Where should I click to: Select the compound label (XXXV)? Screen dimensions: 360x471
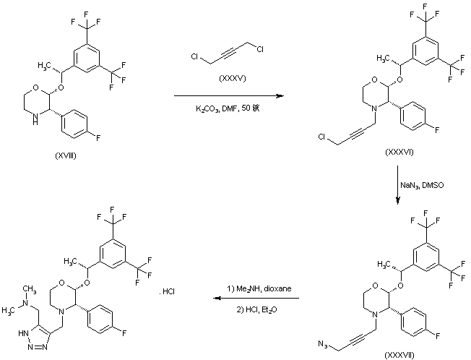point(228,76)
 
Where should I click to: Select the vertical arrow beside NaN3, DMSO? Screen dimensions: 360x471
point(399,187)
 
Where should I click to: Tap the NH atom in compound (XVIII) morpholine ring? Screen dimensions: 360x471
point(30,123)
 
